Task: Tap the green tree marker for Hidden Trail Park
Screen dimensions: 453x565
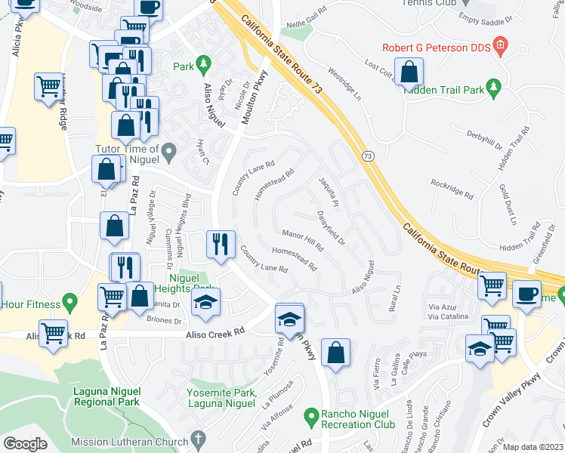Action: click(494, 88)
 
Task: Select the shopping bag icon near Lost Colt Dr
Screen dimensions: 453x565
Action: click(409, 73)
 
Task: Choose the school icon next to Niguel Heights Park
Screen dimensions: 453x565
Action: click(205, 303)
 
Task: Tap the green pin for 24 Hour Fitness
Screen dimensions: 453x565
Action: click(69, 304)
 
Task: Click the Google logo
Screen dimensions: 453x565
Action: click(25, 444)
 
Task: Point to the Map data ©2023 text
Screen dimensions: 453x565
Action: click(533, 447)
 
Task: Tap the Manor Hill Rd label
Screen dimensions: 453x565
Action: click(302, 240)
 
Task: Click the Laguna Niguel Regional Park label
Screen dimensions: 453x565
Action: click(107, 396)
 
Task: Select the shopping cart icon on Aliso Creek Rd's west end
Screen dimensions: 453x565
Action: click(54, 334)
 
